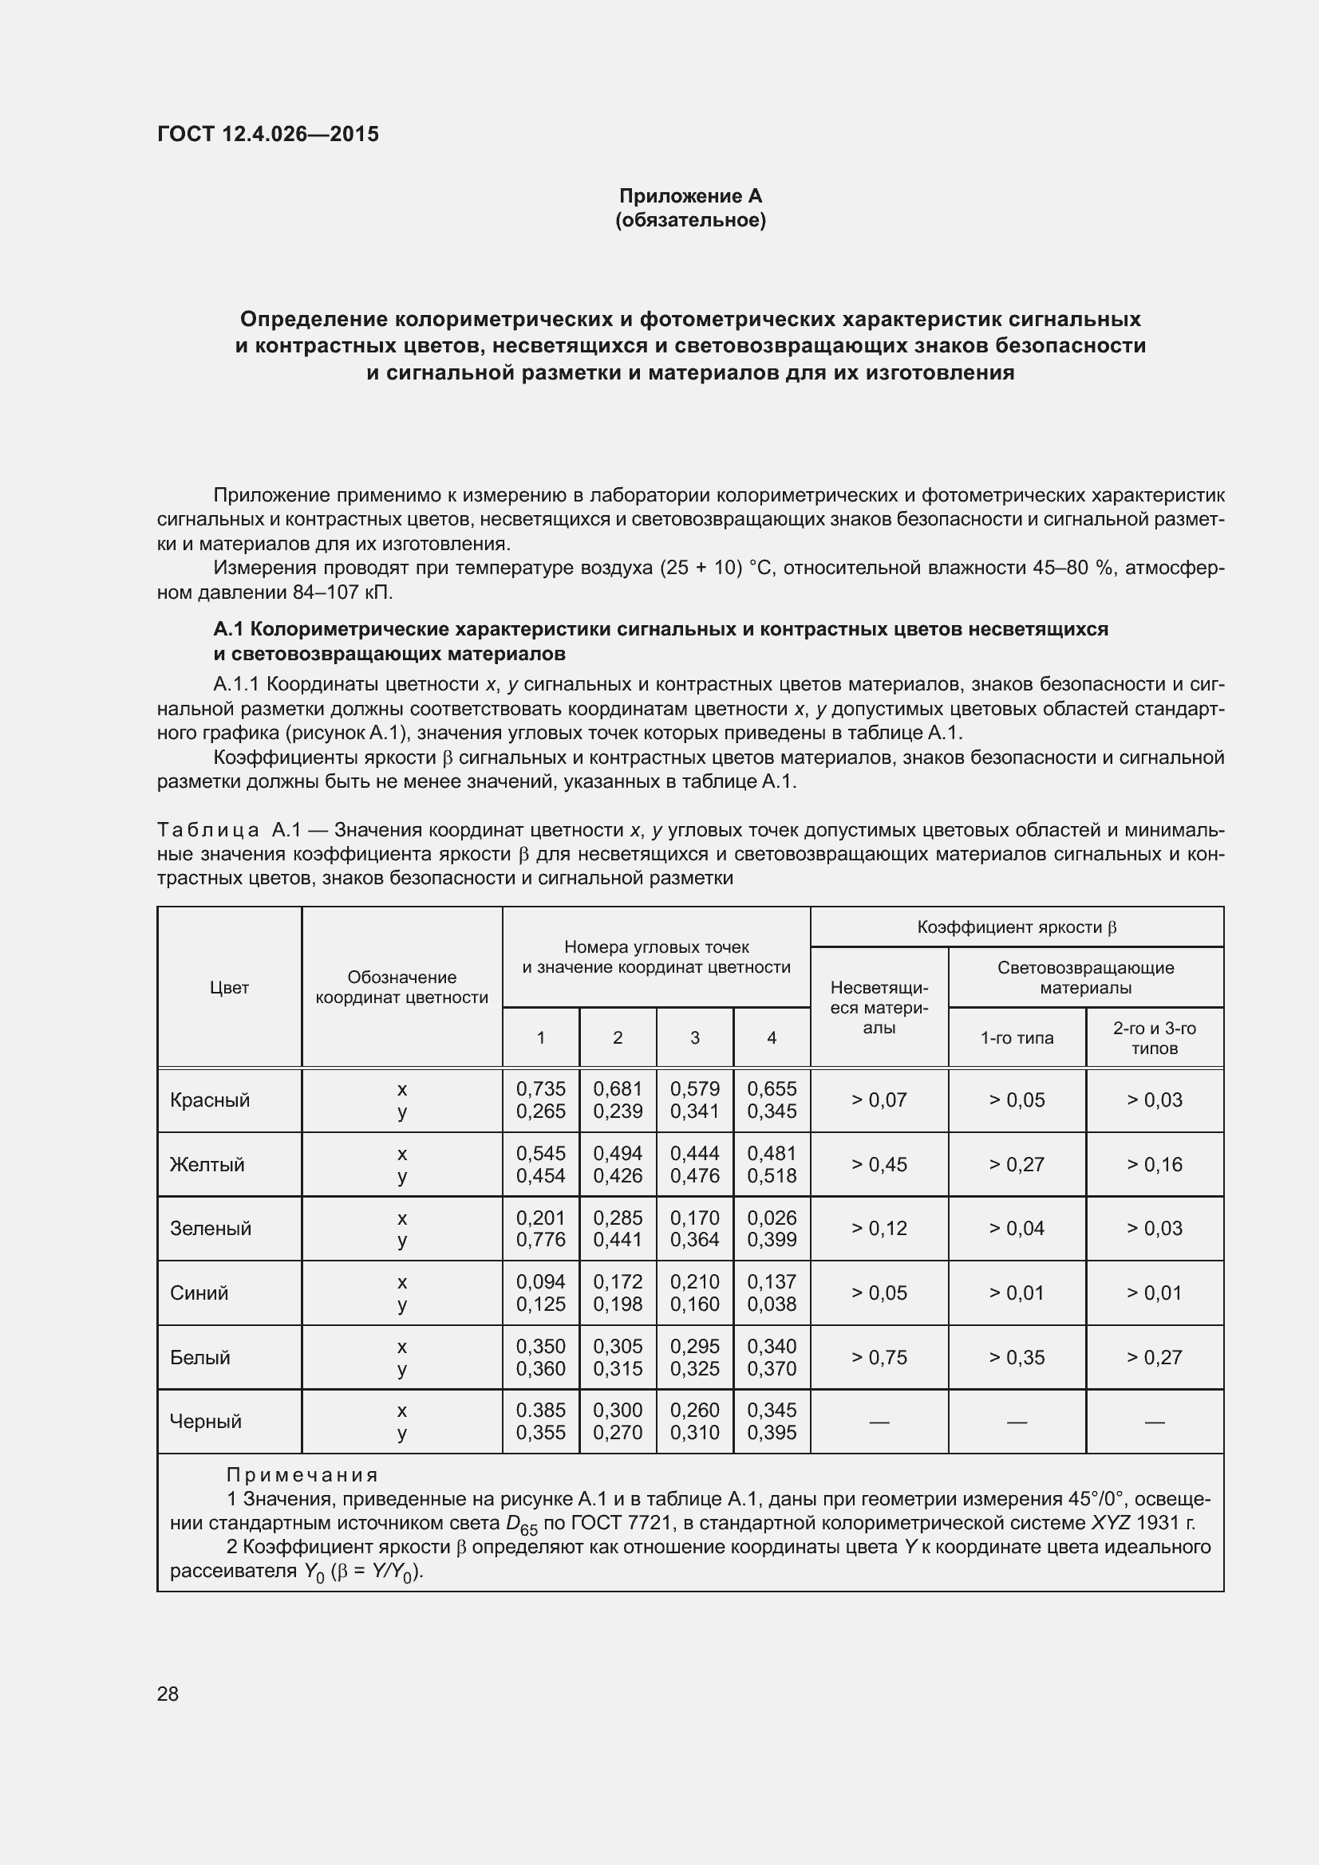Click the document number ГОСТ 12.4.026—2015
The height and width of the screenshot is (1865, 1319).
(267, 134)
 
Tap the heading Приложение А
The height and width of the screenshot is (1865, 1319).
(690, 196)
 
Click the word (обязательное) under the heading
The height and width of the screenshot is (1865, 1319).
(690, 220)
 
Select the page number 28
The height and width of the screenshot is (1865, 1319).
(168, 1694)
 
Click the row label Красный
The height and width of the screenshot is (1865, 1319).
(210, 1100)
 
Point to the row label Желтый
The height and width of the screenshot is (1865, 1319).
(207, 1164)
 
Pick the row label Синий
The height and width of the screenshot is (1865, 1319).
(199, 1293)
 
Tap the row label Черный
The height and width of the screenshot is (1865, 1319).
(206, 1421)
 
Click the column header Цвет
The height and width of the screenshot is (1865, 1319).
(229, 988)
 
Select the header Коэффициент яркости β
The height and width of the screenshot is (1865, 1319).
(1017, 927)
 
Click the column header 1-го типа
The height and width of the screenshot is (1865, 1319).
(1017, 1038)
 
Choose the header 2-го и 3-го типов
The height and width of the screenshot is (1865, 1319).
(1154, 1038)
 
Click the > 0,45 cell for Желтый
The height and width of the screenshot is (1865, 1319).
(879, 1164)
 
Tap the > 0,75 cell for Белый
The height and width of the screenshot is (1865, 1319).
(879, 1357)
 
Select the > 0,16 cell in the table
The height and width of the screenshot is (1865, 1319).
(1154, 1164)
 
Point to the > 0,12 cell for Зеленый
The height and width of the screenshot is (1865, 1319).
(879, 1228)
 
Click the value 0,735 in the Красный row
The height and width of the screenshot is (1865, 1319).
(540, 1088)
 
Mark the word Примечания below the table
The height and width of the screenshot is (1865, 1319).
(302, 1474)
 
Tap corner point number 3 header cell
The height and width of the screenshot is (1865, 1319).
(695, 1038)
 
